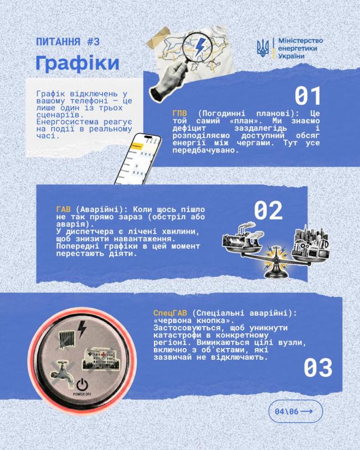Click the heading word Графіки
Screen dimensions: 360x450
tap(78, 63)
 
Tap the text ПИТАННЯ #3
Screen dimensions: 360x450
tap(68, 42)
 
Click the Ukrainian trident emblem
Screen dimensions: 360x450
tap(263, 48)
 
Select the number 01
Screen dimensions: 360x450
tap(307, 96)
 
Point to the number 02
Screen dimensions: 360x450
tap(268, 211)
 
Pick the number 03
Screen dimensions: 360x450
tap(318, 367)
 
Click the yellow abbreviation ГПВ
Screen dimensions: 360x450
tap(179, 114)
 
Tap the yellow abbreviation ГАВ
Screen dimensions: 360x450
tap(63, 209)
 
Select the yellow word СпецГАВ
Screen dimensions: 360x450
tap(170, 313)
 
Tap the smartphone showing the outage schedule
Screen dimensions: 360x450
tap(138, 159)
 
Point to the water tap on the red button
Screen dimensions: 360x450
tap(62, 374)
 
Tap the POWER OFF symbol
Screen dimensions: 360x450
tap(82, 387)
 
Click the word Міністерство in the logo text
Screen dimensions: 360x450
tap(301, 41)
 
